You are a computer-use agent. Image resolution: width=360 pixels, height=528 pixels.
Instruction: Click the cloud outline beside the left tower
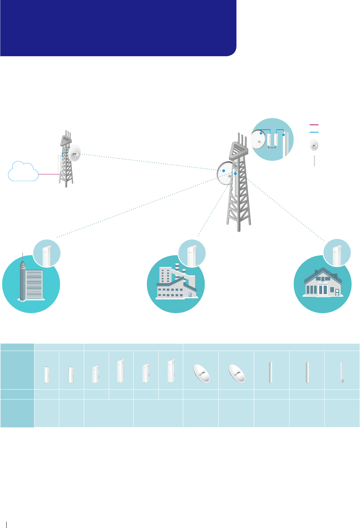pyautogui.click(x=23, y=171)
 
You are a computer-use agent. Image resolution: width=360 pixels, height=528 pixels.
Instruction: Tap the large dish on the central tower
pyautogui.click(x=225, y=173)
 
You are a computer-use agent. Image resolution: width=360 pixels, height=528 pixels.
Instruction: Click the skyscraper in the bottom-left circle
pyautogui.click(x=23, y=281)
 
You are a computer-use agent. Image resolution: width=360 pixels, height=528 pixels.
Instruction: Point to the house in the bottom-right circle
pyautogui.click(x=323, y=283)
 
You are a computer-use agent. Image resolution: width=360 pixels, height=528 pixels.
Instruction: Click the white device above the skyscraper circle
pyautogui.click(x=46, y=254)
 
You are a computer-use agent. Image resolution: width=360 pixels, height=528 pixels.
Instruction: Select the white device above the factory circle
pyautogui.click(x=191, y=254)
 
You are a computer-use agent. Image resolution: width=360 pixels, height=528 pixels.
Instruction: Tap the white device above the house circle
pyautogui.click(x=336, y=254)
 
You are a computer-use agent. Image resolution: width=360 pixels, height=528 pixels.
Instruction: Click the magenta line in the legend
pyautogui.click(x=314, y=125)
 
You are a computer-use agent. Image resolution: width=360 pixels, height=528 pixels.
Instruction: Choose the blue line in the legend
pyautogui.click(x=314, y=132)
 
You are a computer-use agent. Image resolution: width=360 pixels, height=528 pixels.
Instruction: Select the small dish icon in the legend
pyautogui.click(x=314, y=145)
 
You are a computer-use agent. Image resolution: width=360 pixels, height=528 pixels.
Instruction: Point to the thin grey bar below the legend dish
pyautogui.click(x=314, y=161)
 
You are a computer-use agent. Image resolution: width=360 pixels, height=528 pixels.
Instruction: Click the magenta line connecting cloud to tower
pyautogui.click(x=48, y=174)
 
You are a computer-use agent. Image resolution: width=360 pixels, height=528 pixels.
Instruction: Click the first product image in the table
pyautogui.click(x=47, y=374)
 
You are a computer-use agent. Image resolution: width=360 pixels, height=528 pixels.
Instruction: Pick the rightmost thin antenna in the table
pyautogui.click(x=342, y=372)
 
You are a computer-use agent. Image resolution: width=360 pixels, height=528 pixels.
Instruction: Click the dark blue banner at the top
pyautogui.click(x=118, y=28)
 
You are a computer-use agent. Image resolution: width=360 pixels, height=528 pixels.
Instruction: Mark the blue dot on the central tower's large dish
pyautogui.click(x=223, y=171)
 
